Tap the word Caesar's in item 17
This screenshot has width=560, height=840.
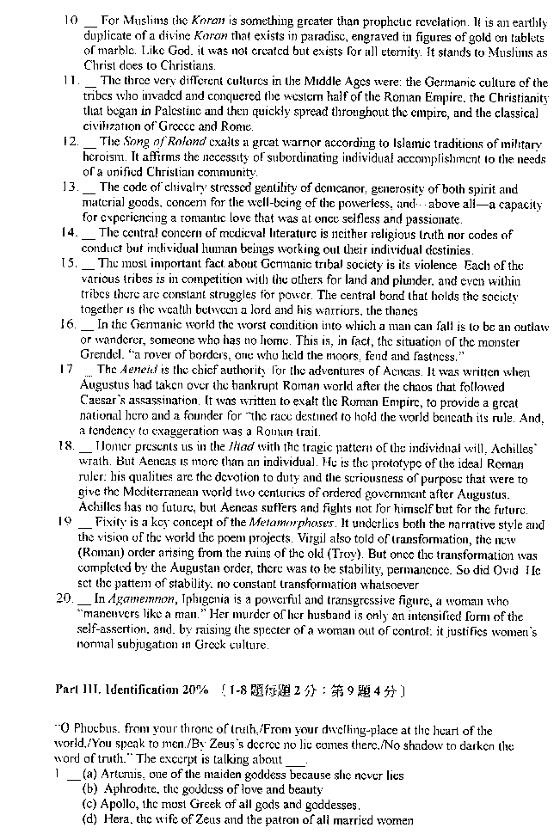coord(108,401)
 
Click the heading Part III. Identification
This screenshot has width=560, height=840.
coord(132,690)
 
